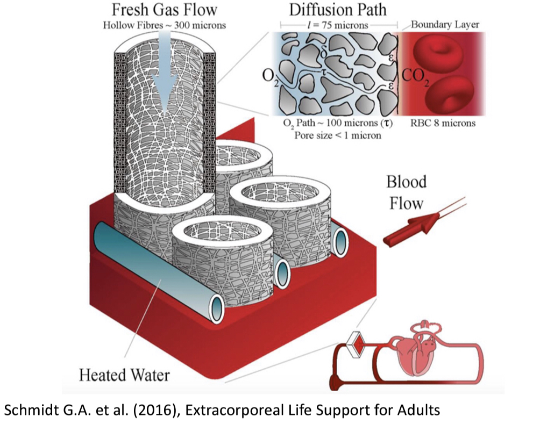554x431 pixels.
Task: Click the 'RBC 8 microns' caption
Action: pyautogui.click(x=444, y=123)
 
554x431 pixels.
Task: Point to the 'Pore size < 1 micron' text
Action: pyautogui.click(x=337, y=135)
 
